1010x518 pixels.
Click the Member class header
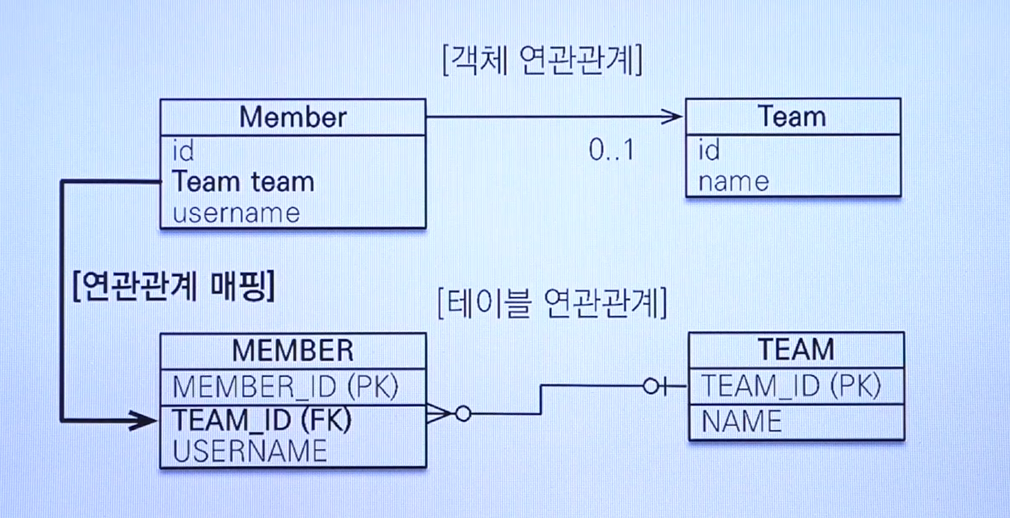[x=293, y=117]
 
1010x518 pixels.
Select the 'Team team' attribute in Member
[x=243, y=182]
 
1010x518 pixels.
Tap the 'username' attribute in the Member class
[x=236, y=213]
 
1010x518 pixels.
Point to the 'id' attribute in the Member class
[x=183, y=151]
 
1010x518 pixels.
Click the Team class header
[x=792, y=117]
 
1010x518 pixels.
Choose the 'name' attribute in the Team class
[x=733, y=182]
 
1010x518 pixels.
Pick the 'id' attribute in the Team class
[x=709, y=151]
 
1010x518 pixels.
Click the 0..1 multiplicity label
[x=611, y=150]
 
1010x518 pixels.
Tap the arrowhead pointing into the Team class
[x=672, y=117]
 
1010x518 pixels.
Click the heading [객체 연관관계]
[x=542, y=60]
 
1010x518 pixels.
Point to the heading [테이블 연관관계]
[x=552, y=303]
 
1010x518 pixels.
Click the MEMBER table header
[x=293, y=351]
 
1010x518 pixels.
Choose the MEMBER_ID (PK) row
[x=285, y=387]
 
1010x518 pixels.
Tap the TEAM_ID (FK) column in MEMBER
[x=262, y=420]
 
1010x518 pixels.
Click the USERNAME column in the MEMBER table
[x=250, y=451]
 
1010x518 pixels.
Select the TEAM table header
[x=796, y=350]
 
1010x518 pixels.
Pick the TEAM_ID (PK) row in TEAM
[x=791, y=386]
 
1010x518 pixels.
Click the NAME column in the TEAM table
[x=742, y=422]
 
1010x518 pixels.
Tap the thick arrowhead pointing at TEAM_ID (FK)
[x=143, y=420]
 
